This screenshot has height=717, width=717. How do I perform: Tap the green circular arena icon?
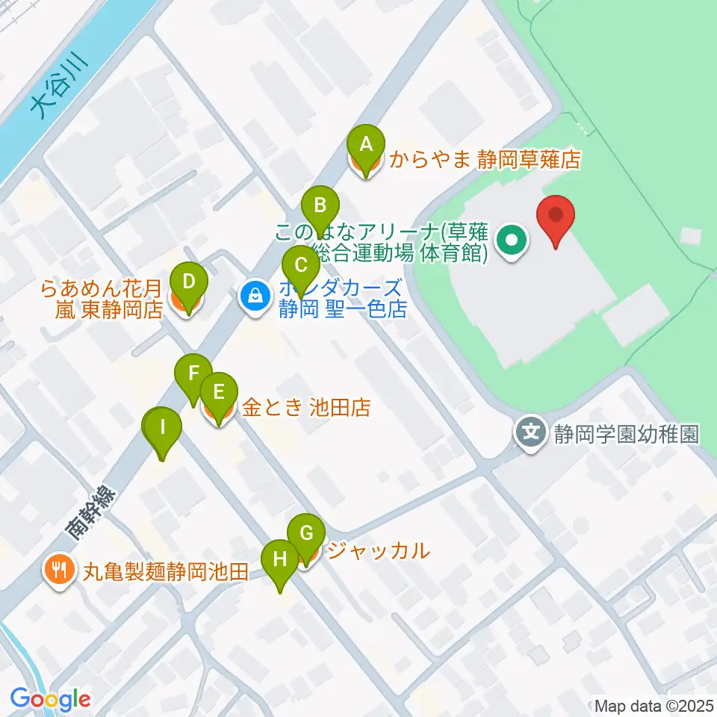(512, 240)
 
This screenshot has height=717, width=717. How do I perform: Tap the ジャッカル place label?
(379, 551)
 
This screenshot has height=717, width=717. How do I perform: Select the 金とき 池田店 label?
(305, 407)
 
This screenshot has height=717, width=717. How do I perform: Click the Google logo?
(51, 699)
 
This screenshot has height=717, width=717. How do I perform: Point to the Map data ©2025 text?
(653, 705)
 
